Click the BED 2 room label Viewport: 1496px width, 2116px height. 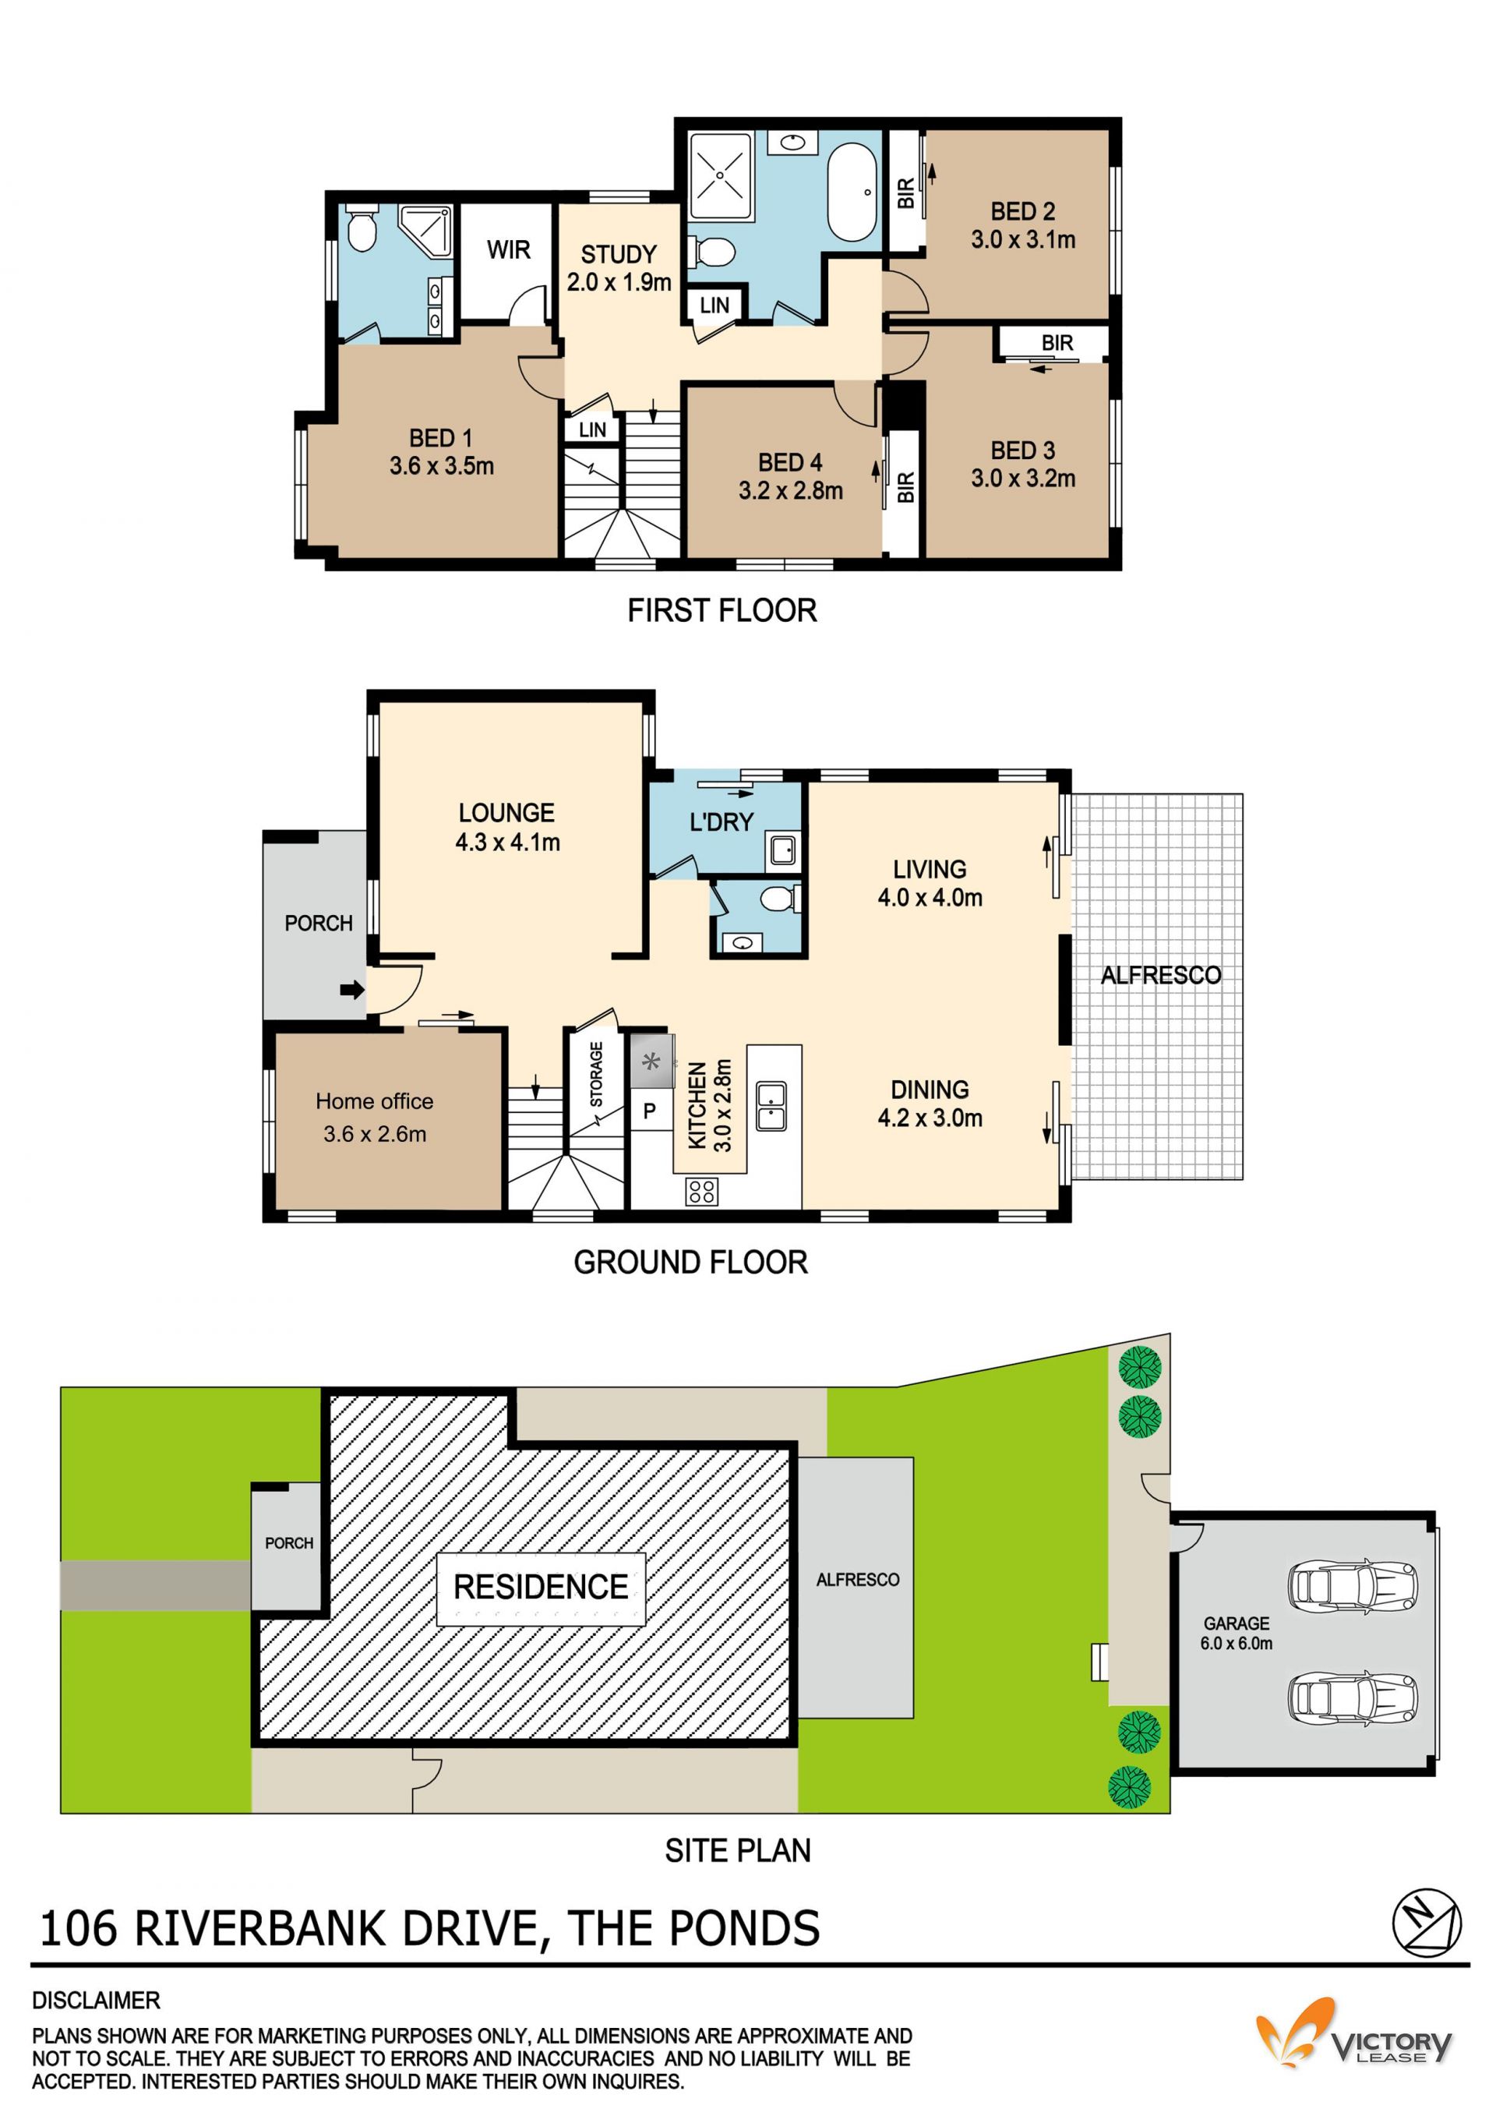pyautogui.click(x=1022, y=211)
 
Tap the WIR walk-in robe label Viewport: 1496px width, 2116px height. pyautogui.click(x=509, y=249)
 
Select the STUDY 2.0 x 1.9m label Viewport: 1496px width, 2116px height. pyautogui.click(x=619, y=268)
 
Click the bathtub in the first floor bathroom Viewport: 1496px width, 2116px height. pyautogui.click(x=854, y=192)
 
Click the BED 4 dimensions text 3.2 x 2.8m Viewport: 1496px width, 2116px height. pyautogui.click(x=790, y=490)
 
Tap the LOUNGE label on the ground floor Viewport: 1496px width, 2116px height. pyautogui.click(x=506, y=813)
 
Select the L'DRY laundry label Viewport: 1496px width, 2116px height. pyautogui.click(x=722, y=822)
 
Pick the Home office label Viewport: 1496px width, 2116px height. pyautogui.click(x=374, y=1101)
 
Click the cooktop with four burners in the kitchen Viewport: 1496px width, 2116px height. pyautogui.click(x=701, y=1192)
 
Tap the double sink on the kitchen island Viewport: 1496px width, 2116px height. pyautogui.click(x=771, y=1106)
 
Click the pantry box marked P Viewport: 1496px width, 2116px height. pyautogui.click(x=649, y=1111)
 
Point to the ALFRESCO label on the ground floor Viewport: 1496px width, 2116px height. pyautogui.click(x=1161, y=975)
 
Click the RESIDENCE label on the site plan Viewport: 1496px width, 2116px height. pyautogui.click(x=541, y=1587)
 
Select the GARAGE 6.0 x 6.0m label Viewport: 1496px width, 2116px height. pyautogui.click(x=1237, y=1633)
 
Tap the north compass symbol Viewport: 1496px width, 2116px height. pyautogui.click(x=1426, y=1924)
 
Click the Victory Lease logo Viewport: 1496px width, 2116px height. pyautogui.click(x=1354, y=2039)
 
